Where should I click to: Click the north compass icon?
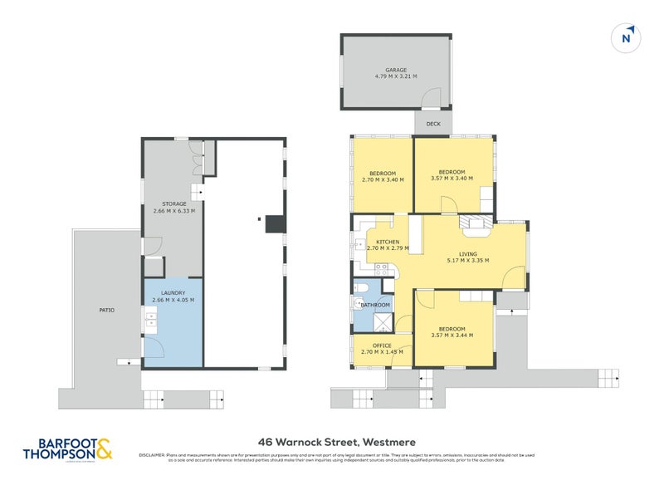point(627,37)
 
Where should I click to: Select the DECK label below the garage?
point(432,124)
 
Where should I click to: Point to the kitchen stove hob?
point(383,268)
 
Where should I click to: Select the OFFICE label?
point(382,345)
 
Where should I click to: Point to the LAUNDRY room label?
point(173,293)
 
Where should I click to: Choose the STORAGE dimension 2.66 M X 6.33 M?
point(173,211)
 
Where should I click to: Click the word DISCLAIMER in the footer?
point(153,454)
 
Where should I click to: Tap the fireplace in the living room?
point(476,223)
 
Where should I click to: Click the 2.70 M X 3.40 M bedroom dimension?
point(383,179)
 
